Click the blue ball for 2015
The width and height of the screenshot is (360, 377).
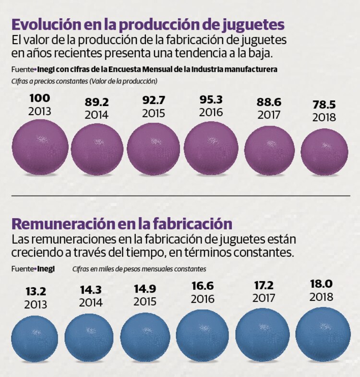[x=145, y=336]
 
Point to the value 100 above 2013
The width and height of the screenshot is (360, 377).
[x=39, y=98]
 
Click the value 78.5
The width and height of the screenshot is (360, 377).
[x=324, y=105]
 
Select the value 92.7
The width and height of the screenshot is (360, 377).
[x=155, y=101]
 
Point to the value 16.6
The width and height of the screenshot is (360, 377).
[x=202, y=286]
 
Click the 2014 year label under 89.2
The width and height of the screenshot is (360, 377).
[x=96, y=115]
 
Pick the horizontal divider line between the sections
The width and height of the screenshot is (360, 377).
[x=180, y=196]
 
